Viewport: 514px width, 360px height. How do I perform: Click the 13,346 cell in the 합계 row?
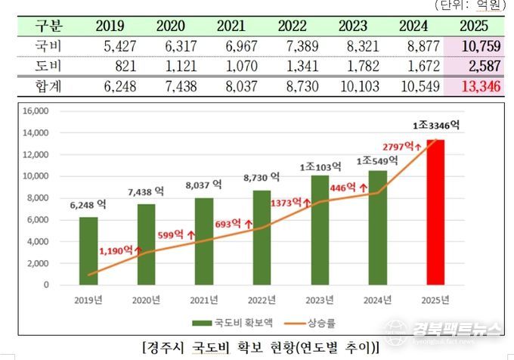point(481,87)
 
